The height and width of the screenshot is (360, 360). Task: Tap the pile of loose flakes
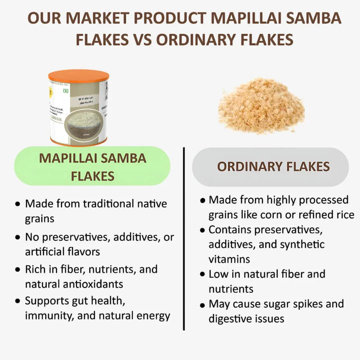point(261,106)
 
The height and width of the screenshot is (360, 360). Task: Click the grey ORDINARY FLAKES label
point(273,167)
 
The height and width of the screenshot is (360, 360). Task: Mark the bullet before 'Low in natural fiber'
point(202,274)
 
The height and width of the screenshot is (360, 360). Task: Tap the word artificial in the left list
point(42,252)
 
